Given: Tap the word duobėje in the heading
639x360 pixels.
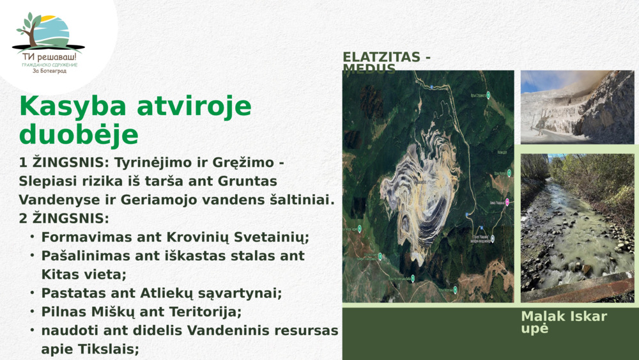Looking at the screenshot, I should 79,135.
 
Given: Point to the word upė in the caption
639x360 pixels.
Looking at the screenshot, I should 535,329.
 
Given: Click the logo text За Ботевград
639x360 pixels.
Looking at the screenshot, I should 49,71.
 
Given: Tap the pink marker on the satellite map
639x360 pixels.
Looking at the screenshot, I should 507,202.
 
